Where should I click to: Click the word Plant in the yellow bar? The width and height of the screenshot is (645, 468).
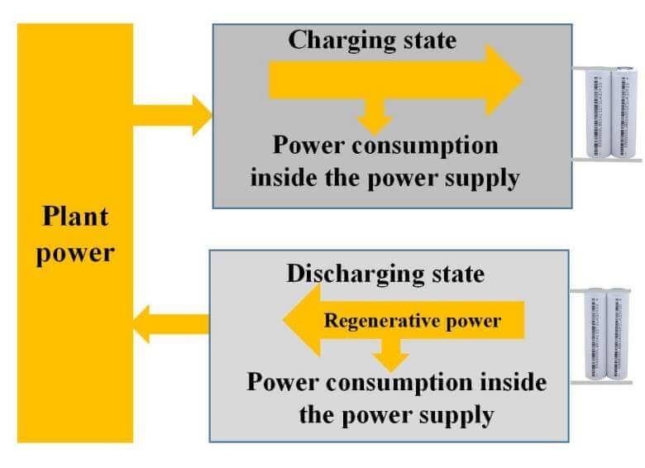coord(75,218)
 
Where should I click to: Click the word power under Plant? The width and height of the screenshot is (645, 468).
coord(75,251)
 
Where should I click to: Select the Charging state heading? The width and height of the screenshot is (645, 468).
coord(371,40)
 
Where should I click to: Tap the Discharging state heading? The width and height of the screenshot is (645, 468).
coord(385,273)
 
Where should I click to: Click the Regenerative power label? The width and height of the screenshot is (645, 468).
coord(412,320)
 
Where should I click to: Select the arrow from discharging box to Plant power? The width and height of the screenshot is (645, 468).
coord(170,322)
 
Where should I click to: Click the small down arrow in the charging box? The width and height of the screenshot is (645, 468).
coord(375,117)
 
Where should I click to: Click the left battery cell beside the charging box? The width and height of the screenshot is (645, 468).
coord(597,114)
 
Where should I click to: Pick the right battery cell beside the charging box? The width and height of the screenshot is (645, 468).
coord(622,114)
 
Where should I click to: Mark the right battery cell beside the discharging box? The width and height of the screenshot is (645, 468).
coord(619,335)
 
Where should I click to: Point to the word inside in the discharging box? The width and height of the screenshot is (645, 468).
coord(514,383)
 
